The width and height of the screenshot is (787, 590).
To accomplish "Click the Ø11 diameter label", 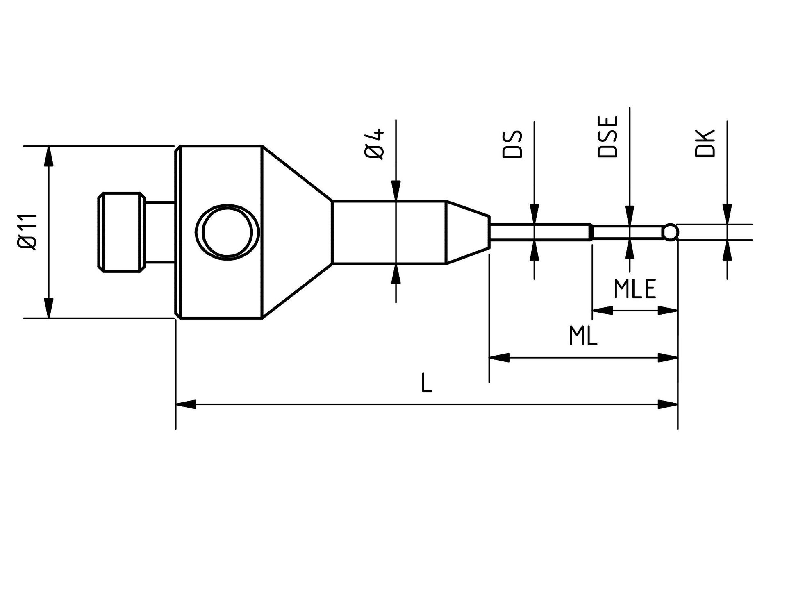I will [28, 232].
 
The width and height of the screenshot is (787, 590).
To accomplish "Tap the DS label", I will [512, 144].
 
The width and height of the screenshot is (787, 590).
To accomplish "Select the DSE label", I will [607, 137].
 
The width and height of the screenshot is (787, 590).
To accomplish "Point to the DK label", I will [705, 143].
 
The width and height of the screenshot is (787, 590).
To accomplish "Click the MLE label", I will [635, 289].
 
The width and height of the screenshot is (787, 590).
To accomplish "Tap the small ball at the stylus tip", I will [671, 232].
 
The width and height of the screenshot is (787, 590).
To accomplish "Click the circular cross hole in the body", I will [227, 232].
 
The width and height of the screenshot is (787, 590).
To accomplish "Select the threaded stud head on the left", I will [122, 232].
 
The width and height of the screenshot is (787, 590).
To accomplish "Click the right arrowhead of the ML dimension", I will [668, 358].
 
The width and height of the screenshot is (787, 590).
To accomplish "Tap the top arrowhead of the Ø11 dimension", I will [49, 156].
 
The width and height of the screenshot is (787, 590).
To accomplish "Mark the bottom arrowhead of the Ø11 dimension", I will [49, 308].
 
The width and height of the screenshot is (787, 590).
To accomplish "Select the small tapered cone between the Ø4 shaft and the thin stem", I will [468, 232].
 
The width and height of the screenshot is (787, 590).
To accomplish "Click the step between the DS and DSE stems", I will [591, 232].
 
